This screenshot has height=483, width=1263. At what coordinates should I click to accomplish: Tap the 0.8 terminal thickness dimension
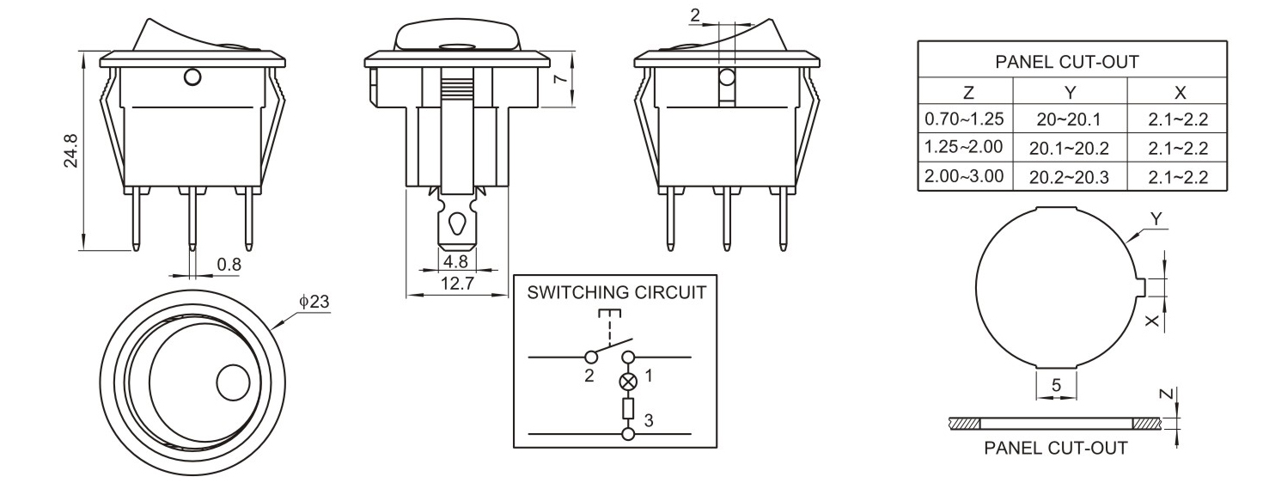tap(229, 265)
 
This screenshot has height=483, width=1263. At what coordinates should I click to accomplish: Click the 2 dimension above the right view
tap(695, 14)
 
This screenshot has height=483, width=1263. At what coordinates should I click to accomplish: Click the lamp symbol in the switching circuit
tap(628, 380)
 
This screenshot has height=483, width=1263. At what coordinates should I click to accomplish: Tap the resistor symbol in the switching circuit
tap(628, 407)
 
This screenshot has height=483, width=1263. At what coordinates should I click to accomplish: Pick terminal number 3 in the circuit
tap(649, 420)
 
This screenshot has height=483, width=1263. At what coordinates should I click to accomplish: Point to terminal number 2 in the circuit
tap(589, 376)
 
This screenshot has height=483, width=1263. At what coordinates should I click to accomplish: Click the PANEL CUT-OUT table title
tap(1066, 62)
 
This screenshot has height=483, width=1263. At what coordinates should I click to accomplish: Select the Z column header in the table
tap(967, 92)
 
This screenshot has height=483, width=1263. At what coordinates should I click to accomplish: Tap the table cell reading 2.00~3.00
tap(965, 177)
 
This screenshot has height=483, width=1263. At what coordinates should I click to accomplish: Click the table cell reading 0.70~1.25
tap(965, 119)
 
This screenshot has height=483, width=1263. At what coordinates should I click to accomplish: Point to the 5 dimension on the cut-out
tap(1057, 386)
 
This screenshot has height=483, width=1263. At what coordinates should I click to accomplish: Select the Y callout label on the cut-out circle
tap(1156, 220)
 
